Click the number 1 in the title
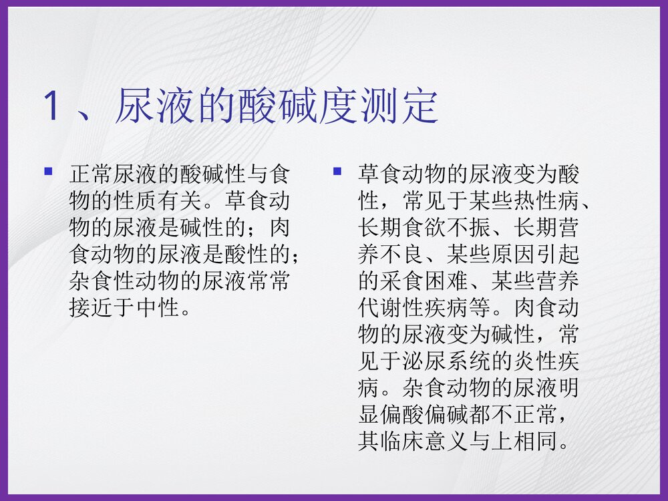tap(51, 106)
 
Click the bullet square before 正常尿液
tap(48, 172)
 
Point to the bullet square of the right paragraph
tap(337, 172)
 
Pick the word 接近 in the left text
tap(92, 309)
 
